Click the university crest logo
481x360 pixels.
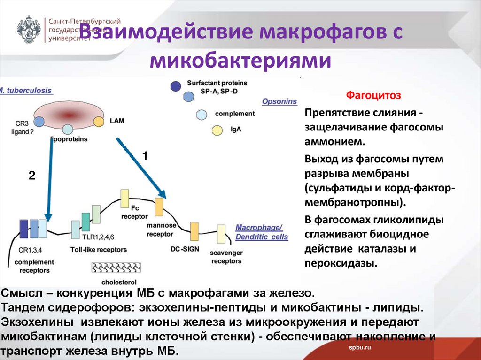click(29, 30)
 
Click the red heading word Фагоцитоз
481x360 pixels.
click(373, 96)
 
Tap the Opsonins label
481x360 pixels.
click(279, 101)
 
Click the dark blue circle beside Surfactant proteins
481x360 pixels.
click(176, 86)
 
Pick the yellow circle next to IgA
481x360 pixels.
click(217, 130)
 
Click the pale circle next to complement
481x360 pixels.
click(202, 114)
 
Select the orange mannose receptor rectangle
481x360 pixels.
click(159, 207)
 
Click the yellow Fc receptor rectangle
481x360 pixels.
click(124, 198)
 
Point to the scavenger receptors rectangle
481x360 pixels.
click(221, 233)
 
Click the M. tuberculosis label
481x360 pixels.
click(26, 91)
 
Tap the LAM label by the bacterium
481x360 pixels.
click(117, 121)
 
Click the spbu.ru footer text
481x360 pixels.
click(360, 346)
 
